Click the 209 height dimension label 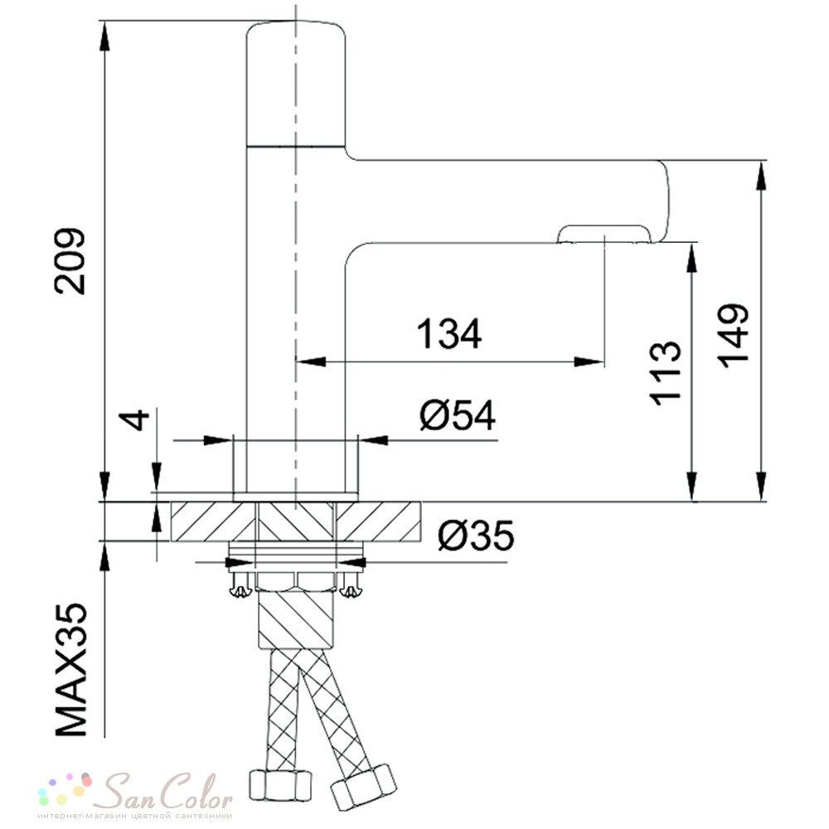70,261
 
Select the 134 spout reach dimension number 448,334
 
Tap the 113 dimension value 665,373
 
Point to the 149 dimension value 733,336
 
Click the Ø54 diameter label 458,415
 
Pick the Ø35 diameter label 476,535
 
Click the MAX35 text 70,669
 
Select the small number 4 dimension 138,419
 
